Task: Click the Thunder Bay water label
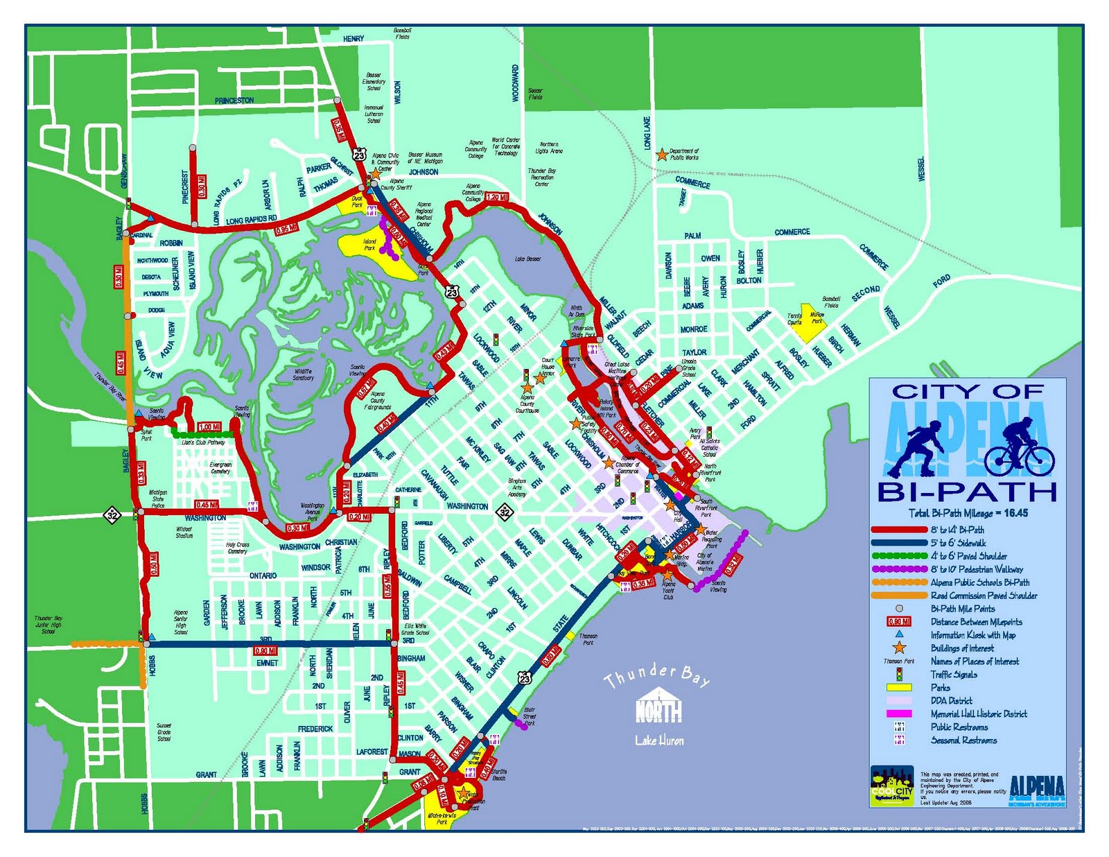[x=657, y=676]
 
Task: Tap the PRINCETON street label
[x=234, y=101]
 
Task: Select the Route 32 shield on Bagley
[x=112, y=514]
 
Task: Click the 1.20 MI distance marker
[x=497, y=198]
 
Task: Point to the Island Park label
[x=369, y=245]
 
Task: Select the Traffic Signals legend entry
[x=954, y=675]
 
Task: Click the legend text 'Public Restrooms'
[x=959, y=727]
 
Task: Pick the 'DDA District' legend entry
[x=951, y=701]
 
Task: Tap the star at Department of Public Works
[x=662, y=154]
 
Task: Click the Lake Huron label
[x=659, y=741]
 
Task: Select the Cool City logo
[x=891, y=786]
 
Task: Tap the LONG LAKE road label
[x=647, y=133]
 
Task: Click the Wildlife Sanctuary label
[x=303, y=374]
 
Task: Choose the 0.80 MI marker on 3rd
[x=265, y=650]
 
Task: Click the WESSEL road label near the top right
[x=921, y=169]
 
